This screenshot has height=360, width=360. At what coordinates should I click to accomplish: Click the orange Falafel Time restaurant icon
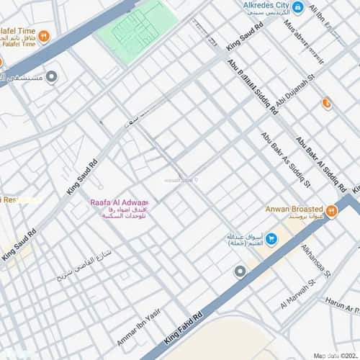pyautogui.click(x=43, y=35)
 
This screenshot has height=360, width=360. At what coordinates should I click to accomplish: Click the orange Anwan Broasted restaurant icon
pyautogui.click(x=331, y=211)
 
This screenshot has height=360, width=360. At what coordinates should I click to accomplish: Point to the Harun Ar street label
pyautogui.click(x=341, y=305)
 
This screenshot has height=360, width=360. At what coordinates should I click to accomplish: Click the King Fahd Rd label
pyautogui.click(x=184, y=328)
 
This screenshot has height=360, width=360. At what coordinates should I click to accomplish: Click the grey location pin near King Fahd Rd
pyautogui.click(x=240, y=271)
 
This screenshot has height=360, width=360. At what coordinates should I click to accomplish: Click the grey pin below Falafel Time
pyautogui.click(x=51, y=77)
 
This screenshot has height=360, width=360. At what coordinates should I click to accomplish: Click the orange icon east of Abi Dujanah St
pyautogui.click(x=328, y=104)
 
